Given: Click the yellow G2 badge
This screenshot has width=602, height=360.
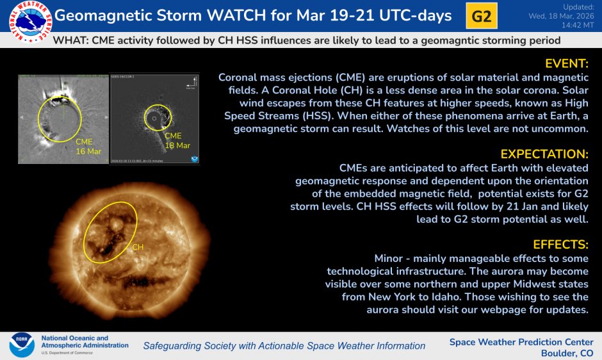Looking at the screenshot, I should [481, 17].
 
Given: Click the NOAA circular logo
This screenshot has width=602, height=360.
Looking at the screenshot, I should [21, 345].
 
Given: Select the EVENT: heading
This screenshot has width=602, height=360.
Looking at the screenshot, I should [566, 64].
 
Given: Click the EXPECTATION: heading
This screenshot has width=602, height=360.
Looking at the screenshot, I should [544, 154].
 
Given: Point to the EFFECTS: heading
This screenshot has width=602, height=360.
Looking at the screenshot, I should [560, 245].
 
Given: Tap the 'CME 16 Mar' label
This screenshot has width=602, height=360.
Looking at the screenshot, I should [88, 146].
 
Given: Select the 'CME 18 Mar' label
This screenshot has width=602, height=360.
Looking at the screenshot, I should [177, 141].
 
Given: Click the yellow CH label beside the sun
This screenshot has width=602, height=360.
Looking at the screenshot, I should [138, 247].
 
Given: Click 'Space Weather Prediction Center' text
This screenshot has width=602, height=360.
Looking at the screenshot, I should [521, 342].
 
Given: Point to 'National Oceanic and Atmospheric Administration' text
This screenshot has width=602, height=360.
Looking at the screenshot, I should [83, 342].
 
